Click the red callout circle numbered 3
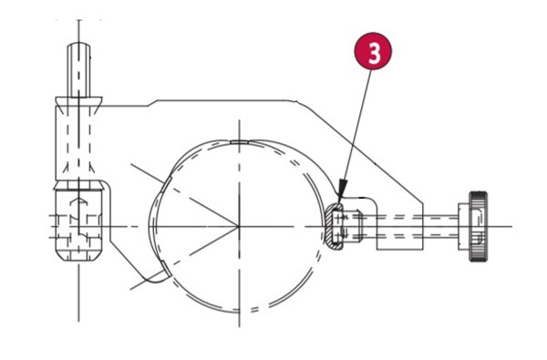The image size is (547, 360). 373,51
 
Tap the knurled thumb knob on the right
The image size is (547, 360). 479,226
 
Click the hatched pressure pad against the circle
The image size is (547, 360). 333,226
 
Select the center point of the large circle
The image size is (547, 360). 239,226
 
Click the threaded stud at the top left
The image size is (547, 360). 78,70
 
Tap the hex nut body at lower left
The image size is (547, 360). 78,221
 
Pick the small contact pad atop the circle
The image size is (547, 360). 239,142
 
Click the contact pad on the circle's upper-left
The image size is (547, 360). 167,183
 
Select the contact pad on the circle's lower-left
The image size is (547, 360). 166,269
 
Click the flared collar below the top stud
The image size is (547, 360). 78,102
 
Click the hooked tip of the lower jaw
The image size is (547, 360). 156,277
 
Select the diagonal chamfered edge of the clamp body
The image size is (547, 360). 359,152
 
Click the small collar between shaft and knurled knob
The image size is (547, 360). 464,226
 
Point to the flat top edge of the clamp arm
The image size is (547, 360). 223,100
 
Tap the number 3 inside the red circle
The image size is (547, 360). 374,52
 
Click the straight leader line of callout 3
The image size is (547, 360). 357,125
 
